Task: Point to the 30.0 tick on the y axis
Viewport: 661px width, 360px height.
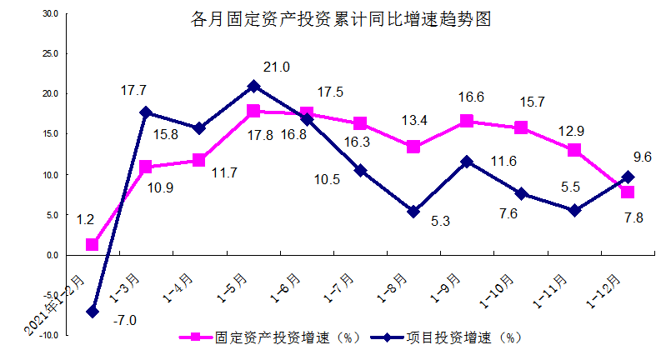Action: pyautogui.click(x=49, y=14)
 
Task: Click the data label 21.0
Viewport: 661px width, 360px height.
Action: pyautogui.click(x=277, y=67)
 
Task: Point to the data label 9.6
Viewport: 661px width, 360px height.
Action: pyautogui.click(x=642, y=157)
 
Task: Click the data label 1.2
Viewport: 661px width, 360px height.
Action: pyautogui.click(x=85, y=220)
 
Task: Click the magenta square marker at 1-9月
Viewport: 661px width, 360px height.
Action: pyautogui.click(x=467, y=122)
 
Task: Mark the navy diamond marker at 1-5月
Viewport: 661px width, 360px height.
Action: pyautogui.click(x=253, y=86)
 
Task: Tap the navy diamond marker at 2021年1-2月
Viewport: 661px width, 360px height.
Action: pyautogui.click(x=92, y=311)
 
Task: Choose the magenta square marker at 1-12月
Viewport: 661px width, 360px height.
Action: pyautogui.click(x=628, y=192)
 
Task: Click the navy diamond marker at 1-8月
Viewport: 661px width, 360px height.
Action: pyautogui.click(x=413, y=212)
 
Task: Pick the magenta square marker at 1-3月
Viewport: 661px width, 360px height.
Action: pyautogui.click(x=146, y=167)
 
